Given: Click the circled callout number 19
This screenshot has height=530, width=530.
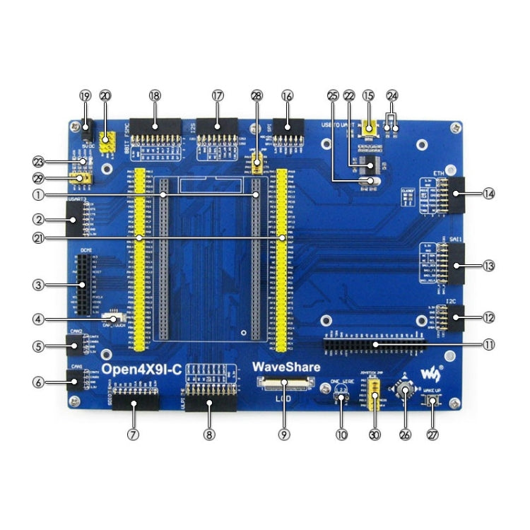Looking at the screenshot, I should (x=86, y=95).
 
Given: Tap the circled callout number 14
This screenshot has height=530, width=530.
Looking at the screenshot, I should (x=488, y=193).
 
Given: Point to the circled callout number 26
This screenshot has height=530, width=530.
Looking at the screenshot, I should (x=405, y=435).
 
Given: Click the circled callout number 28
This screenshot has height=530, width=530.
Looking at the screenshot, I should (x=256, y=95).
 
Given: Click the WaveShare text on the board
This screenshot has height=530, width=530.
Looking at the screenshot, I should (x=287, y=367).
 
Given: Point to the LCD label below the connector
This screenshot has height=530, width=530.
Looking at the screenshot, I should (x=283, y=398).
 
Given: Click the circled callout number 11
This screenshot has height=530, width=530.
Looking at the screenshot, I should (x=488, y=346).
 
